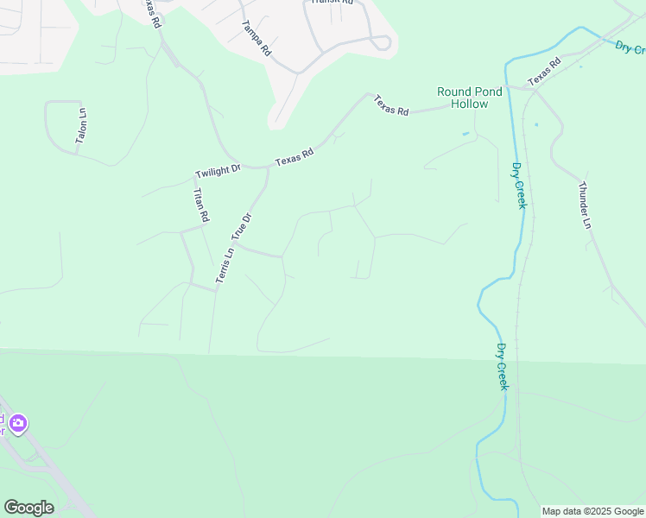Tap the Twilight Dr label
(x=218, y=171)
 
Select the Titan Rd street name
(x=200, y=205)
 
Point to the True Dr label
(x=241, y=226)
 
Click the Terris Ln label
(x=224, y=266)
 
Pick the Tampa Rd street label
(x=256, y=38)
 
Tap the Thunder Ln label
(x=585, y=205)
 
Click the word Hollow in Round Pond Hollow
(x=469, y=104)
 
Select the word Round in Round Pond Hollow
(x=454, y=92)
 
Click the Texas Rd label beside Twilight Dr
(x=294, y=156)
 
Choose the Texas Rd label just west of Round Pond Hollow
(x=390, y=106)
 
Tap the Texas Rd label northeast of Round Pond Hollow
(x=544, y=72)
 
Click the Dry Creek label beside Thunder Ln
(x=518, y=186)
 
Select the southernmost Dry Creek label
(x=502, y=366)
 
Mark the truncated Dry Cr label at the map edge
(x=630, y=48)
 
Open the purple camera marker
(x=18, y=424)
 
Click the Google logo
(x=28, y=508)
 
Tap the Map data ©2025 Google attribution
(x=592, y=511)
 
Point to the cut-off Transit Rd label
(x=332, y=3)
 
